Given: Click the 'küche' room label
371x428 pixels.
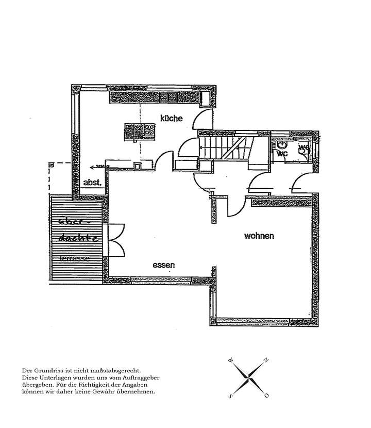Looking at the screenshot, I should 171,118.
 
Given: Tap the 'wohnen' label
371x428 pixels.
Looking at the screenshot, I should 259,236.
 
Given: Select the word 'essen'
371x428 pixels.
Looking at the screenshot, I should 164,265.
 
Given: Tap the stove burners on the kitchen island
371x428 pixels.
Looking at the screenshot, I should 150,130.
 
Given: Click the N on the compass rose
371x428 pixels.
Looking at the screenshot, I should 266,360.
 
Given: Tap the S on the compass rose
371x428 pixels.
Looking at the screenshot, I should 231,396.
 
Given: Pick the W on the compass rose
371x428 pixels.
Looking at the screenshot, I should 231,360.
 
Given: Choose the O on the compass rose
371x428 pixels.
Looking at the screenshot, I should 267,396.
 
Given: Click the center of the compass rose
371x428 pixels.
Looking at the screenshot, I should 249,378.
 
